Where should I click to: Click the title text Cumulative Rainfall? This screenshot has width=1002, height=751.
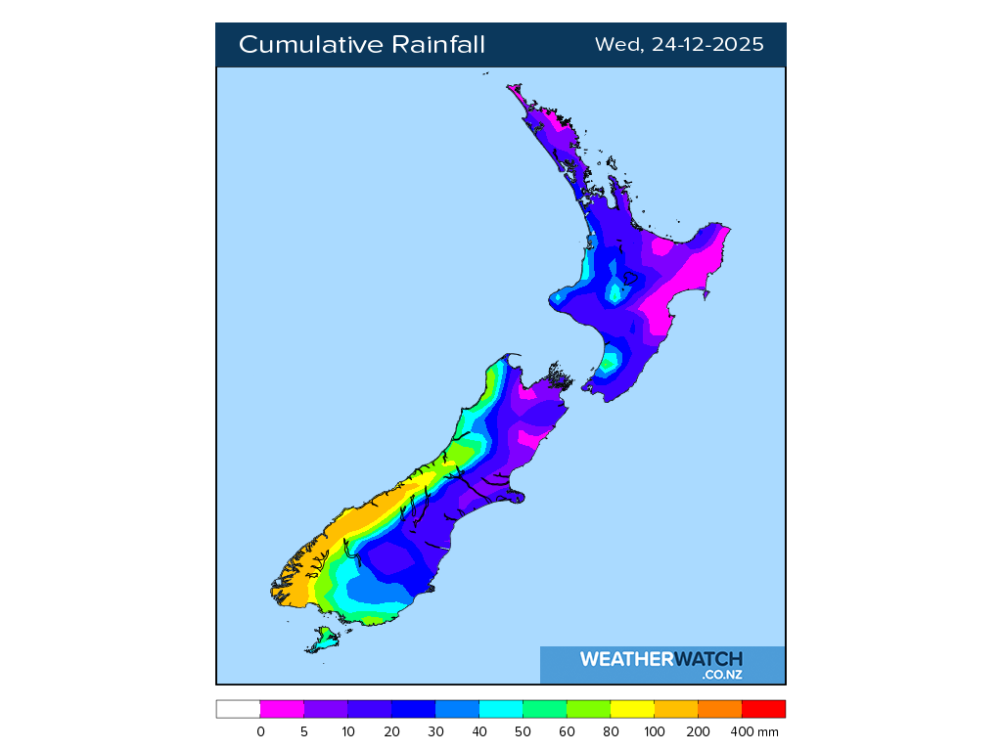pyautogui.click(x=361, y=45)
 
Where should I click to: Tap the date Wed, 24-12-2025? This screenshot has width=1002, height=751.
pyautogui.click(x=679, y=45)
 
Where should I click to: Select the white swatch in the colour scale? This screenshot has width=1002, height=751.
pyautogui.click(x=238, y=710)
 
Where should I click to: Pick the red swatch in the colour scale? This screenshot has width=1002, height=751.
pyautogui.click(x=763, y=710)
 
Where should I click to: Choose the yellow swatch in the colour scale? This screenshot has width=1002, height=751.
pyautogui.click(x=632, y=710)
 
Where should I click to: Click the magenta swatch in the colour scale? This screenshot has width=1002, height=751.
pyautogui.click(x=282, y=710)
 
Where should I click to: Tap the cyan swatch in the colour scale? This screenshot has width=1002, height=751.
pyautogui.click(x=501, y=710)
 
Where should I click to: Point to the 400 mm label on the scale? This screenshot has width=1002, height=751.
pyautogui.click(x=757, y=731)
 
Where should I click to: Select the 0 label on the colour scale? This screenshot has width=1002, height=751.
pyautogui.click(x=260, y=731)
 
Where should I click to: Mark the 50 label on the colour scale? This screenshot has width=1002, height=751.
pyautogui.click(x=524, y=731)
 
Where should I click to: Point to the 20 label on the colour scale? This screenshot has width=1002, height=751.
pyautogui.click(x=391, y=731)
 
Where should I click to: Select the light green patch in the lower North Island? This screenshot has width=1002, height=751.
pyautogui.click(x=609, y=365)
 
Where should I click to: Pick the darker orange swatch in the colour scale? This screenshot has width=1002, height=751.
pyautogui.click(x=720, y=710)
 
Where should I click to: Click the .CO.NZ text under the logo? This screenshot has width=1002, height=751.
pyautogui.click(x=721, y=675)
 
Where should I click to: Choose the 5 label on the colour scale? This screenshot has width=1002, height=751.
pyautogui.click(x=304, y=731)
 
